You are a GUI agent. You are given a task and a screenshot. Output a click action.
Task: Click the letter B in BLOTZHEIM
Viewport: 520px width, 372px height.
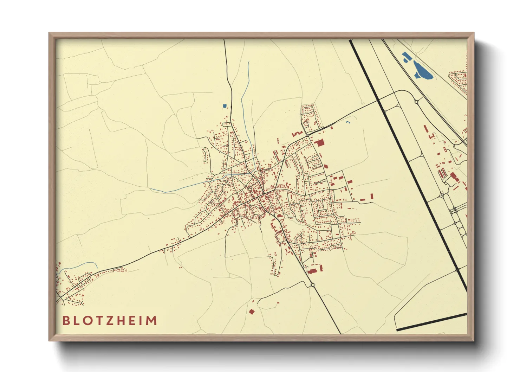pos(66,321)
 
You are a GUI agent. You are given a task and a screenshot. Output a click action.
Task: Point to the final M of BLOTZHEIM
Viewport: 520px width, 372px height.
pos(152,321)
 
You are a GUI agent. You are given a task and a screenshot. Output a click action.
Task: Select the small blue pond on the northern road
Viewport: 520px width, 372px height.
pos(225,105)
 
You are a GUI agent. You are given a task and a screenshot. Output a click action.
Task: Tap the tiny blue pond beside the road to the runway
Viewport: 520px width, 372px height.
pos(348,122)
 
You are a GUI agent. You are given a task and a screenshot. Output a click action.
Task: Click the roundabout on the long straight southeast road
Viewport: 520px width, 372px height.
pos(312,285)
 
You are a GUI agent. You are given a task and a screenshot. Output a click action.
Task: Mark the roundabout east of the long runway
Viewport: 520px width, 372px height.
pos(416,102)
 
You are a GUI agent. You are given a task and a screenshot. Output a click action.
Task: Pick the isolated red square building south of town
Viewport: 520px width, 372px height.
pos(251,312)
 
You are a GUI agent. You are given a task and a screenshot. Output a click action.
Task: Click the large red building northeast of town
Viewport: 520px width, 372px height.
pos(320,143)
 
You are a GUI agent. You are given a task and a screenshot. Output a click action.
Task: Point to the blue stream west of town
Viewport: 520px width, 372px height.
pos(176,189)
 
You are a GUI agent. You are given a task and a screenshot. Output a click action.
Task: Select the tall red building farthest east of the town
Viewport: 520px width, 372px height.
pos(371,197)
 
